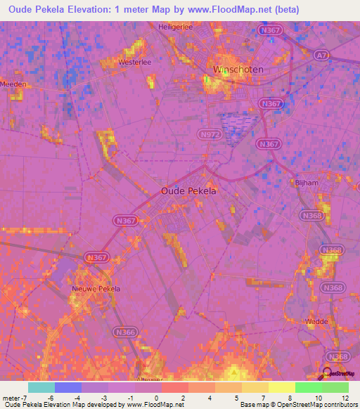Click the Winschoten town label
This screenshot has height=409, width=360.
point(238,70)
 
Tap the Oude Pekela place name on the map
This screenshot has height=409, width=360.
point(188,190)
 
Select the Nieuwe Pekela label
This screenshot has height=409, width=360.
point(96,289)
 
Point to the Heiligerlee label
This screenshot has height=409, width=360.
point(174,26)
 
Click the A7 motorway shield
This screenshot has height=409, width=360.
point(321,54)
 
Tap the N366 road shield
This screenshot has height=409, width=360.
point(125,332)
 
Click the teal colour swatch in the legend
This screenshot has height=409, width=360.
point(41,387)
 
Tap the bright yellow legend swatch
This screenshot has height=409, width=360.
point(282,387)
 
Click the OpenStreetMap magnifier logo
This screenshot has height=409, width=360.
point(326,373)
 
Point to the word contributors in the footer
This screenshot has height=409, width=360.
point(337,405)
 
